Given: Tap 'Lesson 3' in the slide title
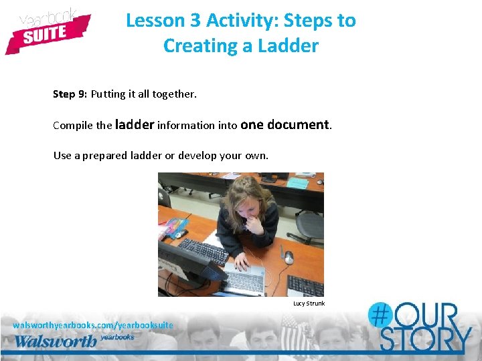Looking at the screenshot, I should point(163,21).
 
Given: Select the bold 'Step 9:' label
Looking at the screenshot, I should point(70,94).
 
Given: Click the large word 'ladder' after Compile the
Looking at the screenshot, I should point(135,124).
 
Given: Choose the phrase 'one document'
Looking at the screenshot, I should point(285,124).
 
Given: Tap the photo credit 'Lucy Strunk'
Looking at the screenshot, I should point(309,304).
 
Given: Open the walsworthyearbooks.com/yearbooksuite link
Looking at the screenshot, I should point(93,325).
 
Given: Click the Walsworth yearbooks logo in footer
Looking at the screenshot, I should point(74,340).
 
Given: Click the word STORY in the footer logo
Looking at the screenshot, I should point(425,340).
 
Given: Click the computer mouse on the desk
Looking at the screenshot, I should point(289,257).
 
